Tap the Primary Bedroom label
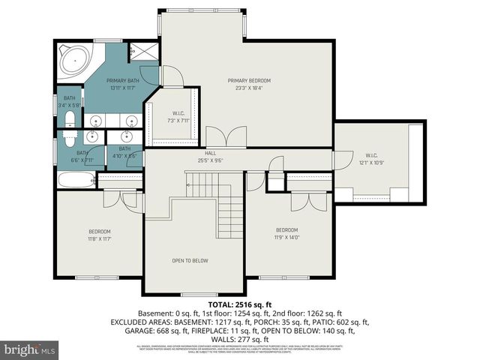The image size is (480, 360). pyautogui.click(x=249, y=80)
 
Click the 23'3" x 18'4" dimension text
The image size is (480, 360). pyautogui.click(x=249, y=88)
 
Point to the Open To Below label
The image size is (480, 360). pyautogui.click(x=190, y=261)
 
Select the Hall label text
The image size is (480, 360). pyautogui.click(x=210, y=153)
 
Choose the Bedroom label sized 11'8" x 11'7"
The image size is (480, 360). pyautogui.click(x=99, y=231)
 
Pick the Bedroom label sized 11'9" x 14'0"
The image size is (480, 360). pyautogui.click(x=286, y=229)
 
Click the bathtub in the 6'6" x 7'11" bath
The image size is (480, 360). pyautogui.click(x=76, y=179)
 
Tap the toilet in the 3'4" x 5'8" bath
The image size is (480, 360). pyautogui.click(x=69, y=121)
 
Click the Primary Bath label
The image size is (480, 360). pyautogui.click(x=122, y=80)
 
